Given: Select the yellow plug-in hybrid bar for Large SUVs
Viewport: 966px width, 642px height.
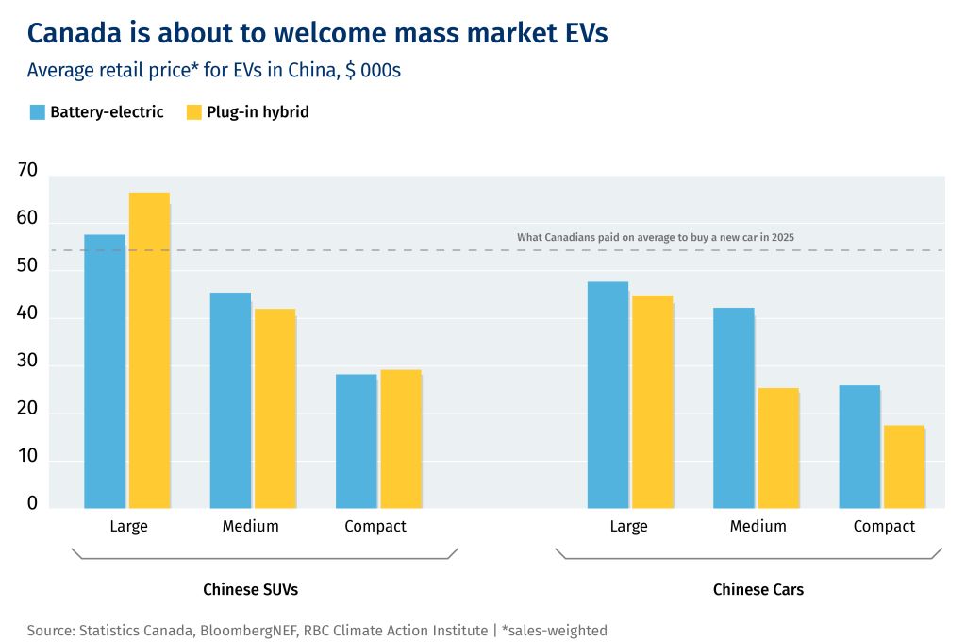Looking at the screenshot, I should [x=149, y=350].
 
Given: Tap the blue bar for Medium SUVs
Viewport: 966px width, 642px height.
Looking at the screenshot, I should [x=230, y=400].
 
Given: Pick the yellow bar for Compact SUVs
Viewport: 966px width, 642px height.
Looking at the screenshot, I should [x=401, y=439].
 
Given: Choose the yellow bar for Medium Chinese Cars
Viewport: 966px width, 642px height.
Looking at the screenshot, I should [x=778, y=448].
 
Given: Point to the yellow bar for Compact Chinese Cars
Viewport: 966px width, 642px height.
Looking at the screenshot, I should [x=904, y=466].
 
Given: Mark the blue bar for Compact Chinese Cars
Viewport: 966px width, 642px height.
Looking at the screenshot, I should [x=859, y=447].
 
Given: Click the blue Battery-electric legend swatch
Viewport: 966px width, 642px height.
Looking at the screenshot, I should [x=38, y=112].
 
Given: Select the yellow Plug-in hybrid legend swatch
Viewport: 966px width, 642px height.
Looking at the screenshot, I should [x=194, y=112].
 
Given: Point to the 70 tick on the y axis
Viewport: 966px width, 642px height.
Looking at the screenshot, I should [x=27, y=171].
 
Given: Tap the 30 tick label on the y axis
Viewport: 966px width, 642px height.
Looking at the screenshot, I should [x=27, y=362].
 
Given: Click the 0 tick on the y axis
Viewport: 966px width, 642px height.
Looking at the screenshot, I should [x=32, y=504].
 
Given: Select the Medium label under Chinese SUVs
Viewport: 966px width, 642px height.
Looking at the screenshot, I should [x=251, y=526].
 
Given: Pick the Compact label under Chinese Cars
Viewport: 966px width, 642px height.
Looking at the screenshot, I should [x=884, y=526].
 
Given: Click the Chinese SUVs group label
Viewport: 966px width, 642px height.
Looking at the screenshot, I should [x=251, y=590].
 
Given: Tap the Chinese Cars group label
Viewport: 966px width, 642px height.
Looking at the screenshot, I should [x=758, y=590].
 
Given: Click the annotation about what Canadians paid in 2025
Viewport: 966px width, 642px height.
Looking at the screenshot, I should [x=655, y=237].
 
